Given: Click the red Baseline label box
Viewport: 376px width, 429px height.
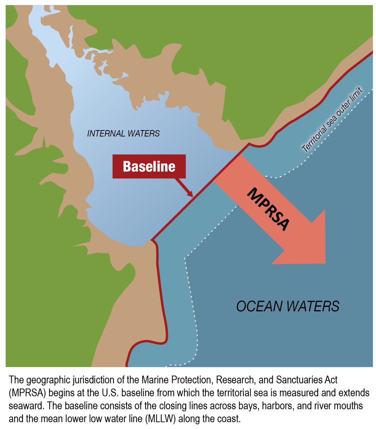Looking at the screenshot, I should click(149, 166).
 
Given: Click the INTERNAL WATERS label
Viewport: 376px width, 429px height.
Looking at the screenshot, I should click(123, 134).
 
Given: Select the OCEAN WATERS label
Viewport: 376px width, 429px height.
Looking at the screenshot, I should click(288, 306).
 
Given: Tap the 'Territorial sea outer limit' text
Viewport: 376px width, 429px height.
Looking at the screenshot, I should click(332, 119).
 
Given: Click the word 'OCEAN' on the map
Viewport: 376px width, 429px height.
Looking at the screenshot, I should click(259, 306).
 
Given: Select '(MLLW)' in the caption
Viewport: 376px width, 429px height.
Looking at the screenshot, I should click(160, 419).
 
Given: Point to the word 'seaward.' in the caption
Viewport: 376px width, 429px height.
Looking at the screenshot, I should click(26, 406).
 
